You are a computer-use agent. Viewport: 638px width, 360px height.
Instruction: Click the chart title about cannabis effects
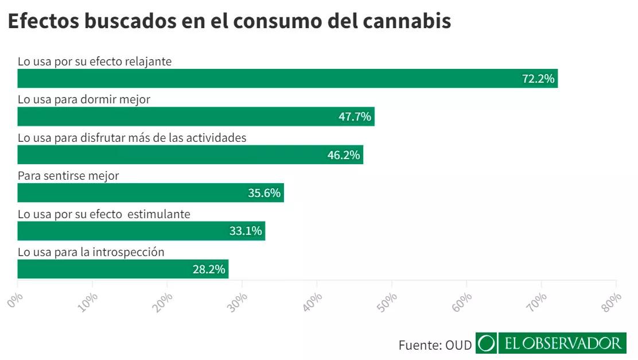[229, 21]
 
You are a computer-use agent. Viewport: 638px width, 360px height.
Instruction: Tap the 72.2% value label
[538, 79]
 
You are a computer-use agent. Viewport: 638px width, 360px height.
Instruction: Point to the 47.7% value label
[355, 117]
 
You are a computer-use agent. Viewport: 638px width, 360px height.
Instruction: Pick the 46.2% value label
[343, 155]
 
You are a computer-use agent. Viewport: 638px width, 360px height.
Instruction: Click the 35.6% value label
[264, 193]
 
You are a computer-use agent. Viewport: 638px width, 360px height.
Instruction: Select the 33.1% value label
[246, 231]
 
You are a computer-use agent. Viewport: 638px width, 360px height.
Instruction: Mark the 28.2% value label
[209, 269]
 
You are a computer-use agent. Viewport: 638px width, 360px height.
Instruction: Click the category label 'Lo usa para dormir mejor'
[84, 99]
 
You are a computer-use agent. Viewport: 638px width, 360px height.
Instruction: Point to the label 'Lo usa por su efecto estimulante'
[104, 214]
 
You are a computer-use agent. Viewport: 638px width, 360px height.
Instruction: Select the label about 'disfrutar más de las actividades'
[132, 138]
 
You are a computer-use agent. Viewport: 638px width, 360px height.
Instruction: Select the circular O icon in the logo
[486, 343]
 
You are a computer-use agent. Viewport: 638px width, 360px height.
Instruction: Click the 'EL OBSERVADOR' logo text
[562, 343]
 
